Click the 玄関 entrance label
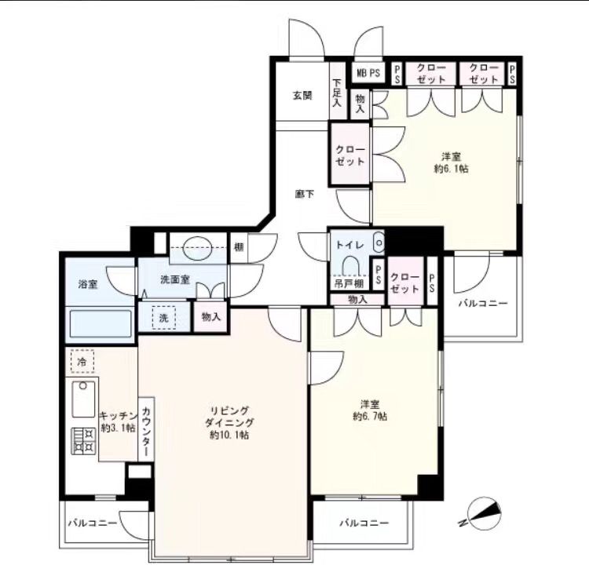(x=302, y=96)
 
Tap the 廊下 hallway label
(x=304, y=194)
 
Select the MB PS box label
(x=368, y=73)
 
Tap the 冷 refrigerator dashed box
(x=82, y=361)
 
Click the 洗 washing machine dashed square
(x=163, y=318)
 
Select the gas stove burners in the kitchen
(x=83, y=441)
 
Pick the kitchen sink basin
(x=83, y=399)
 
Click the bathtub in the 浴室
(x=101, y=324)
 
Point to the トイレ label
(x=349, y=245)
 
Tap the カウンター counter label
(x=147, y=429)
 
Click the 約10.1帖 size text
(x=229, y=436)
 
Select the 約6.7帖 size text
(x=370, y=416)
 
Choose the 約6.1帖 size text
(x=451, y=169)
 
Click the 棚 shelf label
(x=239, y=247)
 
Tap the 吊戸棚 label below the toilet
(x=349, y=284)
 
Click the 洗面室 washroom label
(x=175, y=279)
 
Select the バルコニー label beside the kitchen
(x=93, y=523)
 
